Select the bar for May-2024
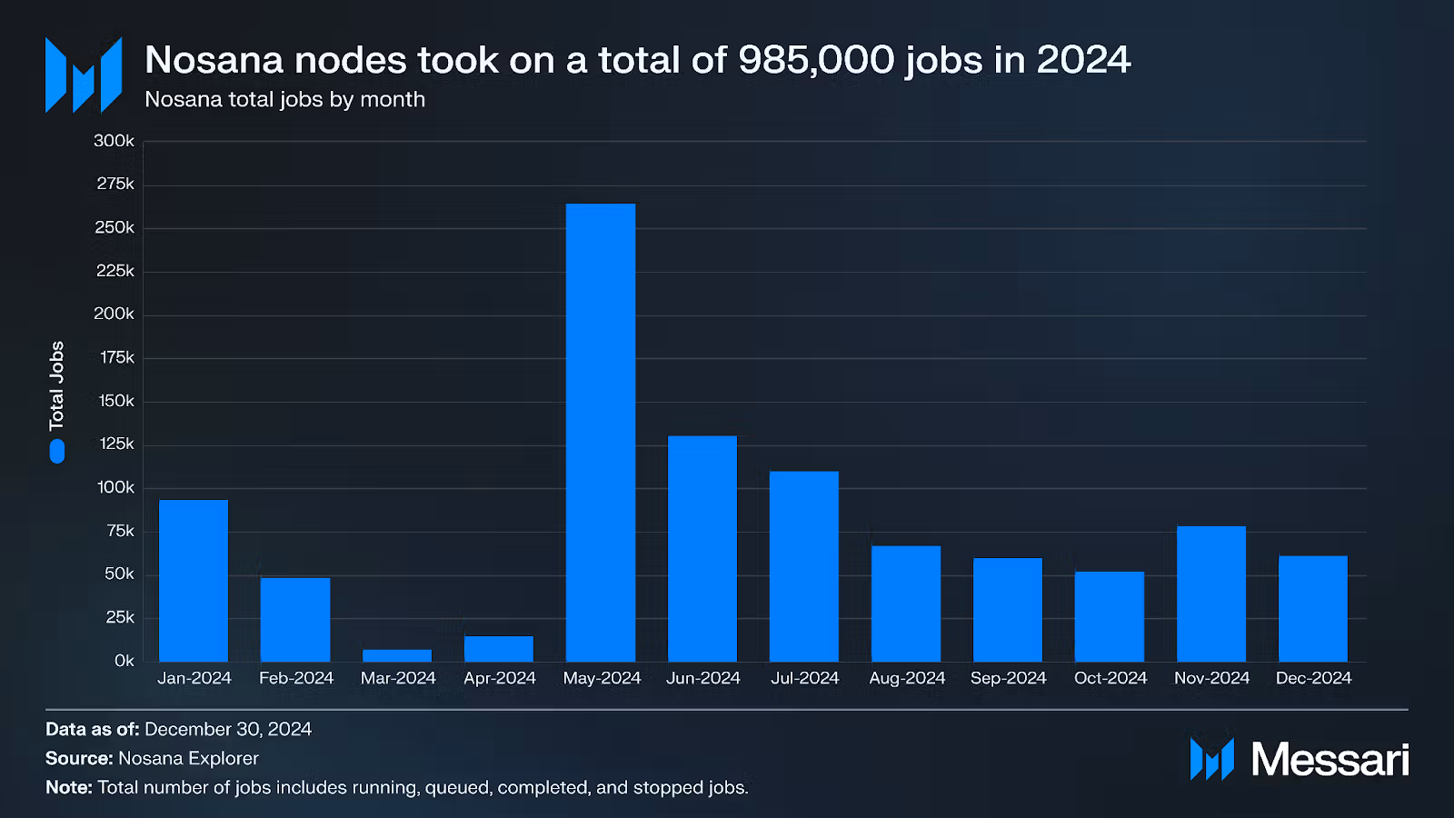(x=601, y=432)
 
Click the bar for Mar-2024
(x=397, y=655)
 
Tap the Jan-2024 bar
(x=194, y=580)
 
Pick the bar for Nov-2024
(x=1211, y=593)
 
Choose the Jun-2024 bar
(x=702, y=548)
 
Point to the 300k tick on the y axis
(x=114, y=141)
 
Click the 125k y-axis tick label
(x=116, y=444)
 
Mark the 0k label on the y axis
(x=124, y=661)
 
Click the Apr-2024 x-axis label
(x=500, y=678)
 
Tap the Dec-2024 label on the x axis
(x=1313, y=678)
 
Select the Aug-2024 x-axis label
(x=907, y=678)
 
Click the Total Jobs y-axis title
(x=57, y=385)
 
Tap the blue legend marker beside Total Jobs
(x=57, y=452)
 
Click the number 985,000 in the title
(x=816, y=60)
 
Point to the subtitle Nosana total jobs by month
(x=284, y=99)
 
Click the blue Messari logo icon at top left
(x=84, y=75)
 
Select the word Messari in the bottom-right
(x=1330, y=759)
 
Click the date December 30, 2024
(x=228, y=729)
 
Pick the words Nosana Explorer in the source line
(x=188, y=758)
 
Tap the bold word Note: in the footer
(x=69, y=787)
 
